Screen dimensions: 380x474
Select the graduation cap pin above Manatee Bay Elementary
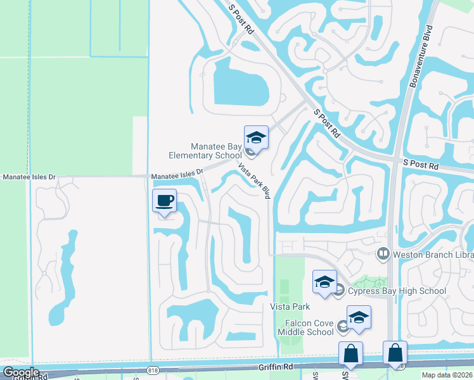click(x=256, y=137)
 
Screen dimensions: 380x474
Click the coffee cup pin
click(x=165, y=201)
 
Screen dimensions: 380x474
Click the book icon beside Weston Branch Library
click(x=383, y=255)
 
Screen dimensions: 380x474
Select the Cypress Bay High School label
click(x=395, y=291)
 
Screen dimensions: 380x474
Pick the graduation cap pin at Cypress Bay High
click(x=324, y=282)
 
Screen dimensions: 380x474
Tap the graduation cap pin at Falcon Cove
click(x=359, y=317)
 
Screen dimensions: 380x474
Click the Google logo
click(x=22, y=372)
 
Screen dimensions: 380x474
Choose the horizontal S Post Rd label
click(x=421, y=165)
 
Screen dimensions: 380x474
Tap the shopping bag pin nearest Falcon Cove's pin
click(x=350, y=354)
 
